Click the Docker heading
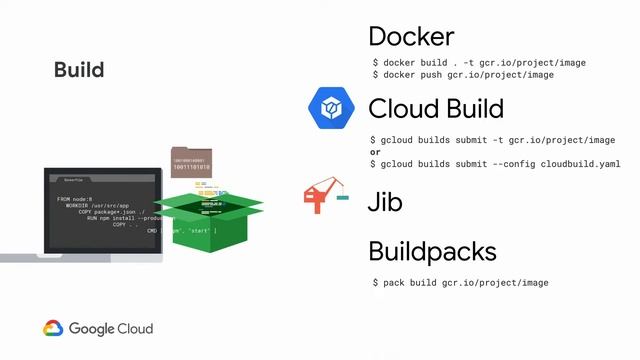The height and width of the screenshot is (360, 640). click(x=411, y=37)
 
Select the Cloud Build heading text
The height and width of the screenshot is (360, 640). click(x=435, y=108)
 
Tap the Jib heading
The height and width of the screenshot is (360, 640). click(x=385, y=202)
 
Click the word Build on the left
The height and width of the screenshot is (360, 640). click(x=79, y=69)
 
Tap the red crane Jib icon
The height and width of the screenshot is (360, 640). click(x=324, y=196)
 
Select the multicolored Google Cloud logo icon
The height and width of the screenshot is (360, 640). click(x=53, y=328)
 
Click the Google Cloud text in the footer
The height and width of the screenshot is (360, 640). click(x=111, y=328)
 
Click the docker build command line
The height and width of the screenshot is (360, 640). click(x=478, y=63)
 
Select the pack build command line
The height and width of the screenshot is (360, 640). click(x=460, y=283)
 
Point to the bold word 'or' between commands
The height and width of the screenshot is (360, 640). click(x=375, y=152)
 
